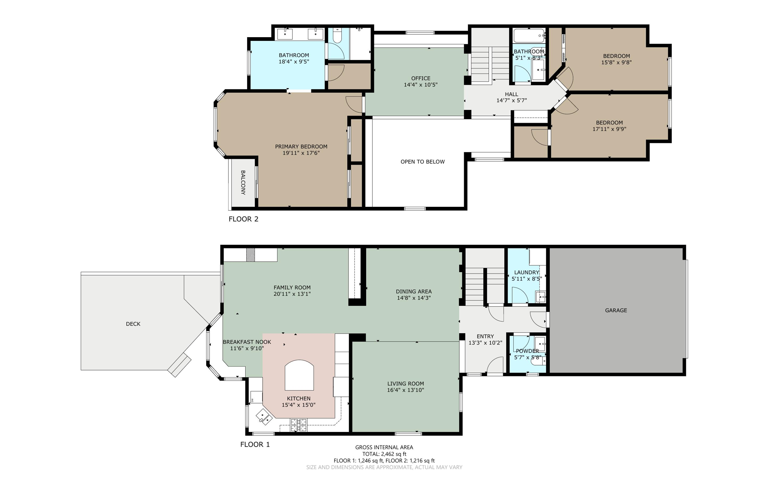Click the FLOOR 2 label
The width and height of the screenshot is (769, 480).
click(x=243, y=219)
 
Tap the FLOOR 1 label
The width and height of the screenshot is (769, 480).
click(x=255, y=444)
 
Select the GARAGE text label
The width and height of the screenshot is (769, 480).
click(x=616, y=310)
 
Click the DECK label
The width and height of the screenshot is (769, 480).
click(x=133, y=324)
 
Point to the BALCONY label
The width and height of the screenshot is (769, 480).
click(x=243, y=183)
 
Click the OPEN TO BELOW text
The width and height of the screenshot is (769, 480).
click(x=422, y=162)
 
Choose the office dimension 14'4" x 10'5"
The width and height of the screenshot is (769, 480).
click(x=421, y=85)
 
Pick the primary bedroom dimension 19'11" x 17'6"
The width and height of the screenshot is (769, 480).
click(x=301, y=153)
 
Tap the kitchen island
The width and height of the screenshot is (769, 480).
click(x=299, y=375)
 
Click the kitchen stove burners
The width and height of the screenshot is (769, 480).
click(x=299, y=425)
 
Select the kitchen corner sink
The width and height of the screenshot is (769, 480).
click(x=264, y=417)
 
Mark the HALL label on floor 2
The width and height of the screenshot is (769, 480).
click(x=511, y=94)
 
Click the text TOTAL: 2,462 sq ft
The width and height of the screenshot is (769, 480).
click(x=384, y=454)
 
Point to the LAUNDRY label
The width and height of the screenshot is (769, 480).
click(x=526, y=272)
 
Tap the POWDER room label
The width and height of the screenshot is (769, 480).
click(x=527, y=351)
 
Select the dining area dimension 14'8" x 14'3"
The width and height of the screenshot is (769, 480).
click(x=414, y=298)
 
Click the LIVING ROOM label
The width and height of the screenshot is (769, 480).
click(x=406, y=384)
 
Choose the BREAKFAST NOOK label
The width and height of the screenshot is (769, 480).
click(x=247, y=342)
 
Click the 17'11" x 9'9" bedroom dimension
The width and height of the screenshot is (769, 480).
click(x=609, y=129)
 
